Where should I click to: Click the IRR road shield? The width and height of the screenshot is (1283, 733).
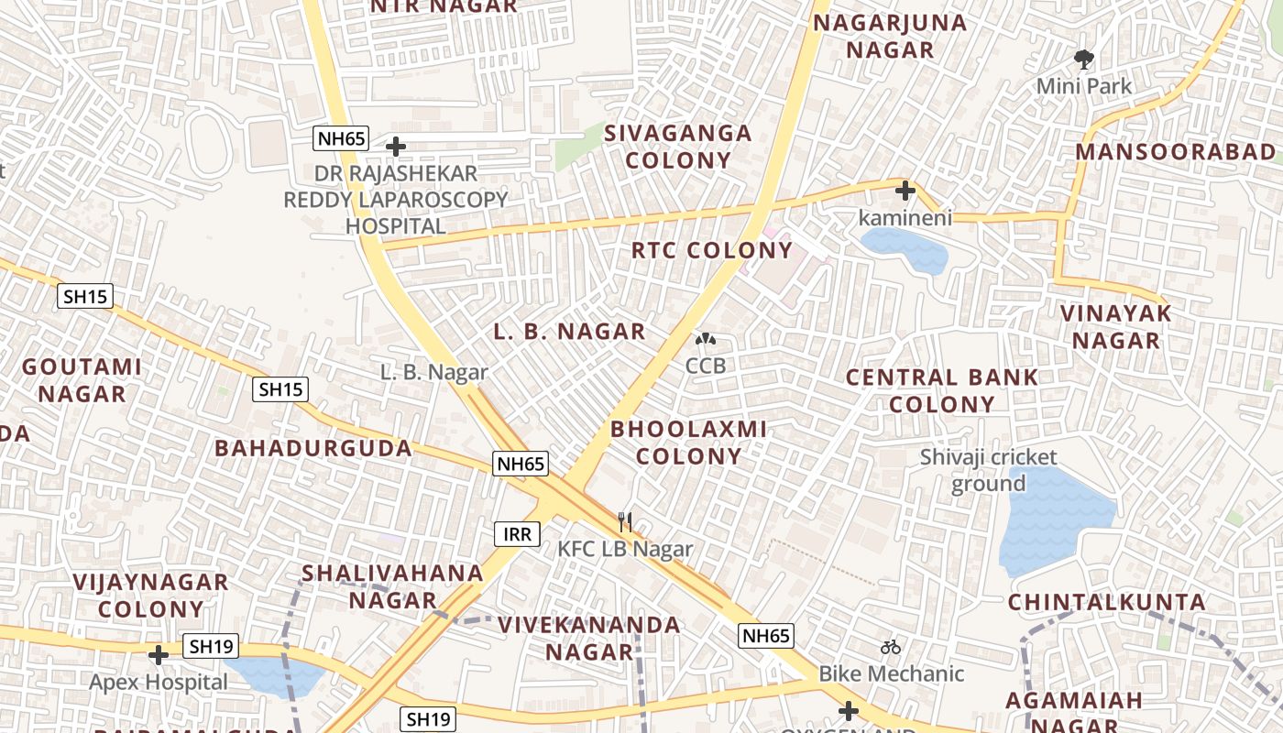click(x=518, y=534)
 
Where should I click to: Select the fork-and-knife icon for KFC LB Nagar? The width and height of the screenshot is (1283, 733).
click(x=625, y=522)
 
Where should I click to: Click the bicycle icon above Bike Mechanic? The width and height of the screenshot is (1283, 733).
click(x=891, y=647)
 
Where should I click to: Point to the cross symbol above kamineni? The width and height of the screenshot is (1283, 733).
click(x=905, y=191)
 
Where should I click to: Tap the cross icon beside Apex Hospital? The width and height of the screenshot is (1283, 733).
click(x=159, y=655)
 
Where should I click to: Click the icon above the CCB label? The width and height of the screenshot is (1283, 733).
click(x=706, y=340)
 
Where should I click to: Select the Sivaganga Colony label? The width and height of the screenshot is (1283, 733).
click(x=679, y=147)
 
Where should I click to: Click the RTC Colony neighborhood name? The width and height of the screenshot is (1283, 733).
click(x=712, y=250)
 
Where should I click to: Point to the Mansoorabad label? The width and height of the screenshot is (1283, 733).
click(x=1176, y=152)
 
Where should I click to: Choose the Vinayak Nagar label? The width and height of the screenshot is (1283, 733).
click(x=1116, y=326)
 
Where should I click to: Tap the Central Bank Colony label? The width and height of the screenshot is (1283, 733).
click(x=942, y=390)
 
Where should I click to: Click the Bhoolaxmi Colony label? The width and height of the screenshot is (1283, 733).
click(x=689, y=442)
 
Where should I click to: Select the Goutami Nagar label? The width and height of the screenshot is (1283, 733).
click(x=82, y=380)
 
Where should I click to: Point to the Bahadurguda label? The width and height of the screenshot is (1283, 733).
click(x=313, y=448)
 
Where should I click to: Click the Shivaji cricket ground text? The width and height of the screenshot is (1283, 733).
click(x=988, y=470)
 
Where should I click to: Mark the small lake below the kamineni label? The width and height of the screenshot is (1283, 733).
click(x=905, y=248)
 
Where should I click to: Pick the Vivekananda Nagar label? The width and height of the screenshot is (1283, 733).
click(x=589, y=638)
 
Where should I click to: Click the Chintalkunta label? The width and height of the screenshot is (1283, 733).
click(x=1107, y=602)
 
